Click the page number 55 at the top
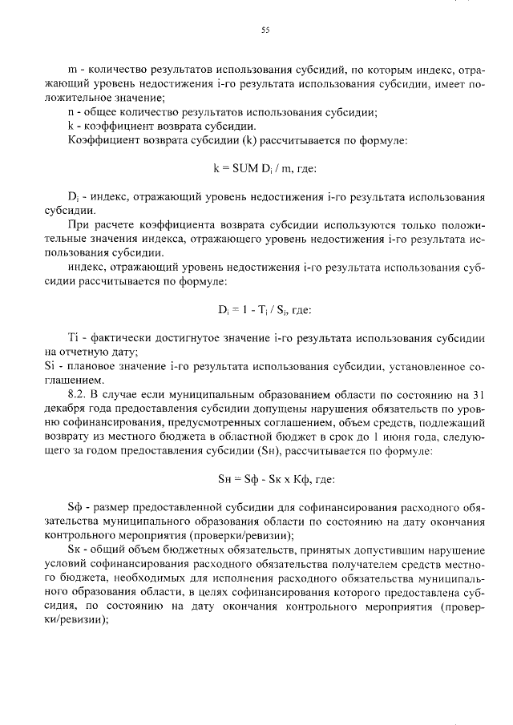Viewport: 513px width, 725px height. (x=265, y=31)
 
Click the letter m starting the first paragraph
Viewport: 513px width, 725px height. (x=73, y=70)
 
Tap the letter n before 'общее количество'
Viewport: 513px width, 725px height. (x=72, y=112)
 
